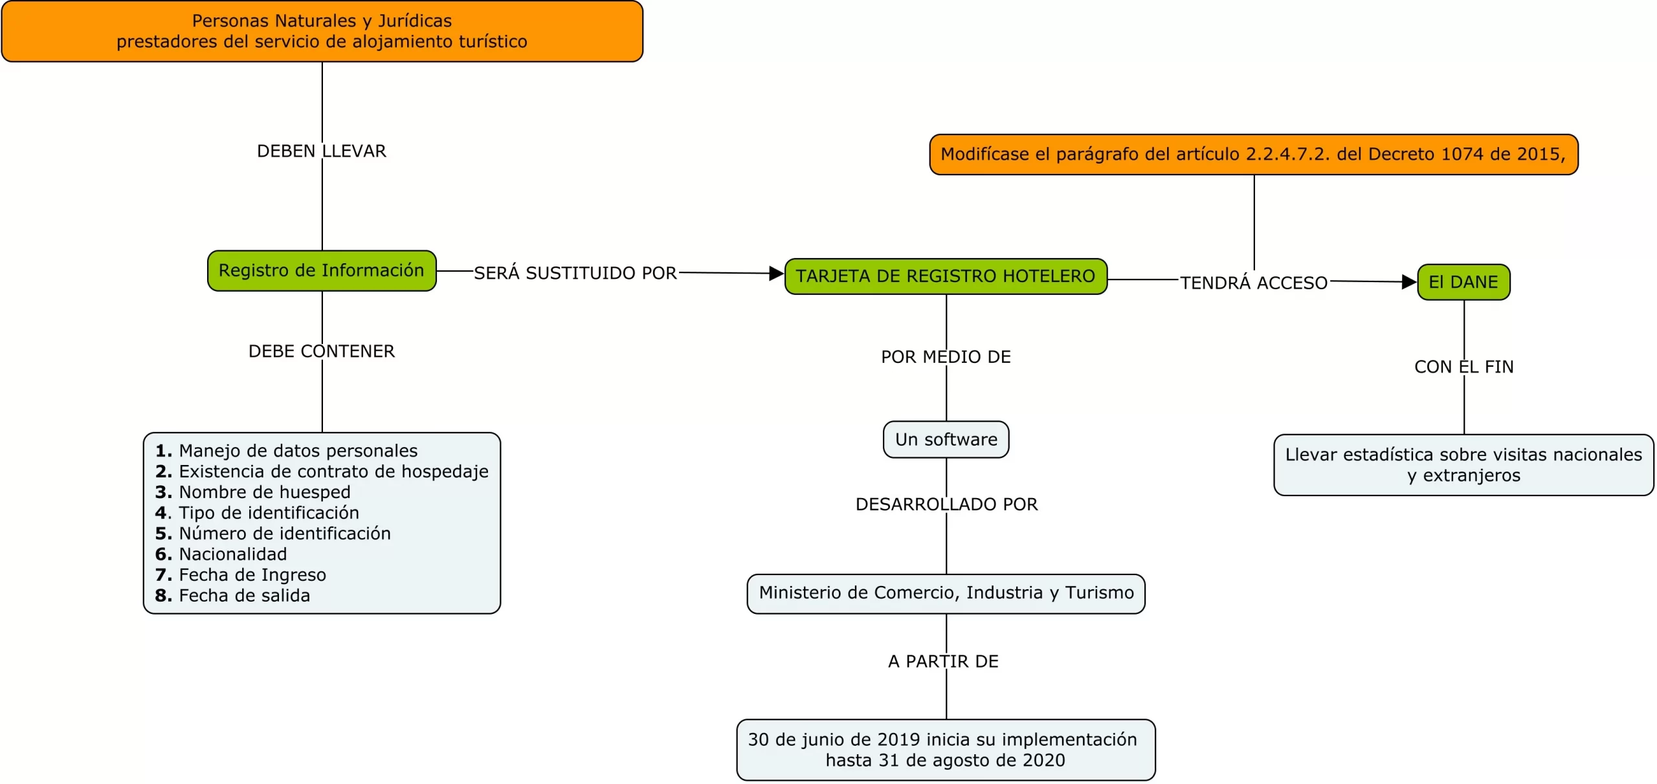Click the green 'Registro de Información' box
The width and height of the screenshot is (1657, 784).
click(x=322, y=270)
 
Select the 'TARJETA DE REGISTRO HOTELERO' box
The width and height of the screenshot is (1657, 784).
click(x=946, y=276)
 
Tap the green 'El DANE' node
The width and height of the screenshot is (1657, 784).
click(x=1463, y=282)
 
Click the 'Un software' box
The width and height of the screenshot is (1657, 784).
click(x=946, y=440)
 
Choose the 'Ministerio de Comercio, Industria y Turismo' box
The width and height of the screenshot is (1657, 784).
click(x=946, y=593)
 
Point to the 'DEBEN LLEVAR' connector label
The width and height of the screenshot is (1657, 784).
click(x=322, y=151)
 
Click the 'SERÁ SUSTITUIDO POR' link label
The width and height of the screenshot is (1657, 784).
click(x=575, y=273)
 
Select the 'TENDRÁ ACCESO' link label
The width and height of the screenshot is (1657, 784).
click(x=1253, y=283)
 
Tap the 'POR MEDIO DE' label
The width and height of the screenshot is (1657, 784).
click(x=946, y=357)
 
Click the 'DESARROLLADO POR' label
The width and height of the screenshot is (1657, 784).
click(x=946, y=505)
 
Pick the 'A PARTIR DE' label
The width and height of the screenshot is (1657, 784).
click(x=943, y=662)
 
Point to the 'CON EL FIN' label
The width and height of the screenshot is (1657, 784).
click(x=1463, y=367)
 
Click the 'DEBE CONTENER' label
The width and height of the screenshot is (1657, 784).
click(x=322, y=351)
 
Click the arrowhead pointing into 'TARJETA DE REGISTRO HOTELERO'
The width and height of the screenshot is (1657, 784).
click(x=776, y=274)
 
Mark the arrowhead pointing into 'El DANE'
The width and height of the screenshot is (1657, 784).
click(x=1408, y=282)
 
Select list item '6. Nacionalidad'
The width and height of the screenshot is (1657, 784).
click(x=221, y=554)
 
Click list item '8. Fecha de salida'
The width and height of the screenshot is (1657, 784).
click(x=233, y=596)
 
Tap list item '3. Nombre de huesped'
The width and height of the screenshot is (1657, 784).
click(x=253, y=492)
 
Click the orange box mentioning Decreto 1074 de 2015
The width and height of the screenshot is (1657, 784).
click(x=1253, y=155)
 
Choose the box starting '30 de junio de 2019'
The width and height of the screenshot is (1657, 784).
click(x=946, y=750)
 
